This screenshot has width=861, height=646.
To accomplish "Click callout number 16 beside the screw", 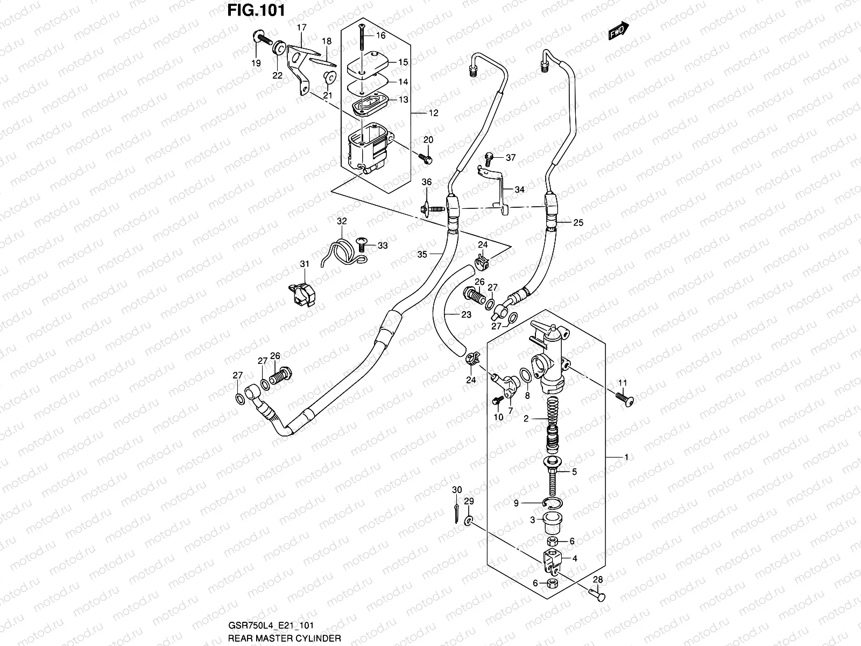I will point(381,36).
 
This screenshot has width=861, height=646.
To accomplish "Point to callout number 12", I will point(433,113).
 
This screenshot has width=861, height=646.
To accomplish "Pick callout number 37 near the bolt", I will point(511,158).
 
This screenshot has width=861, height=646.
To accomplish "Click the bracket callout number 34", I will point(519,189).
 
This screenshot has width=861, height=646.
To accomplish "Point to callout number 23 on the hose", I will point(466,314).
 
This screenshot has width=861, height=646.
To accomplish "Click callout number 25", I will point(578,222).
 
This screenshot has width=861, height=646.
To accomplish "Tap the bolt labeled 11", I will point(625,399).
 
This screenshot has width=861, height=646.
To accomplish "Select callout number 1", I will point(626,457).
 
